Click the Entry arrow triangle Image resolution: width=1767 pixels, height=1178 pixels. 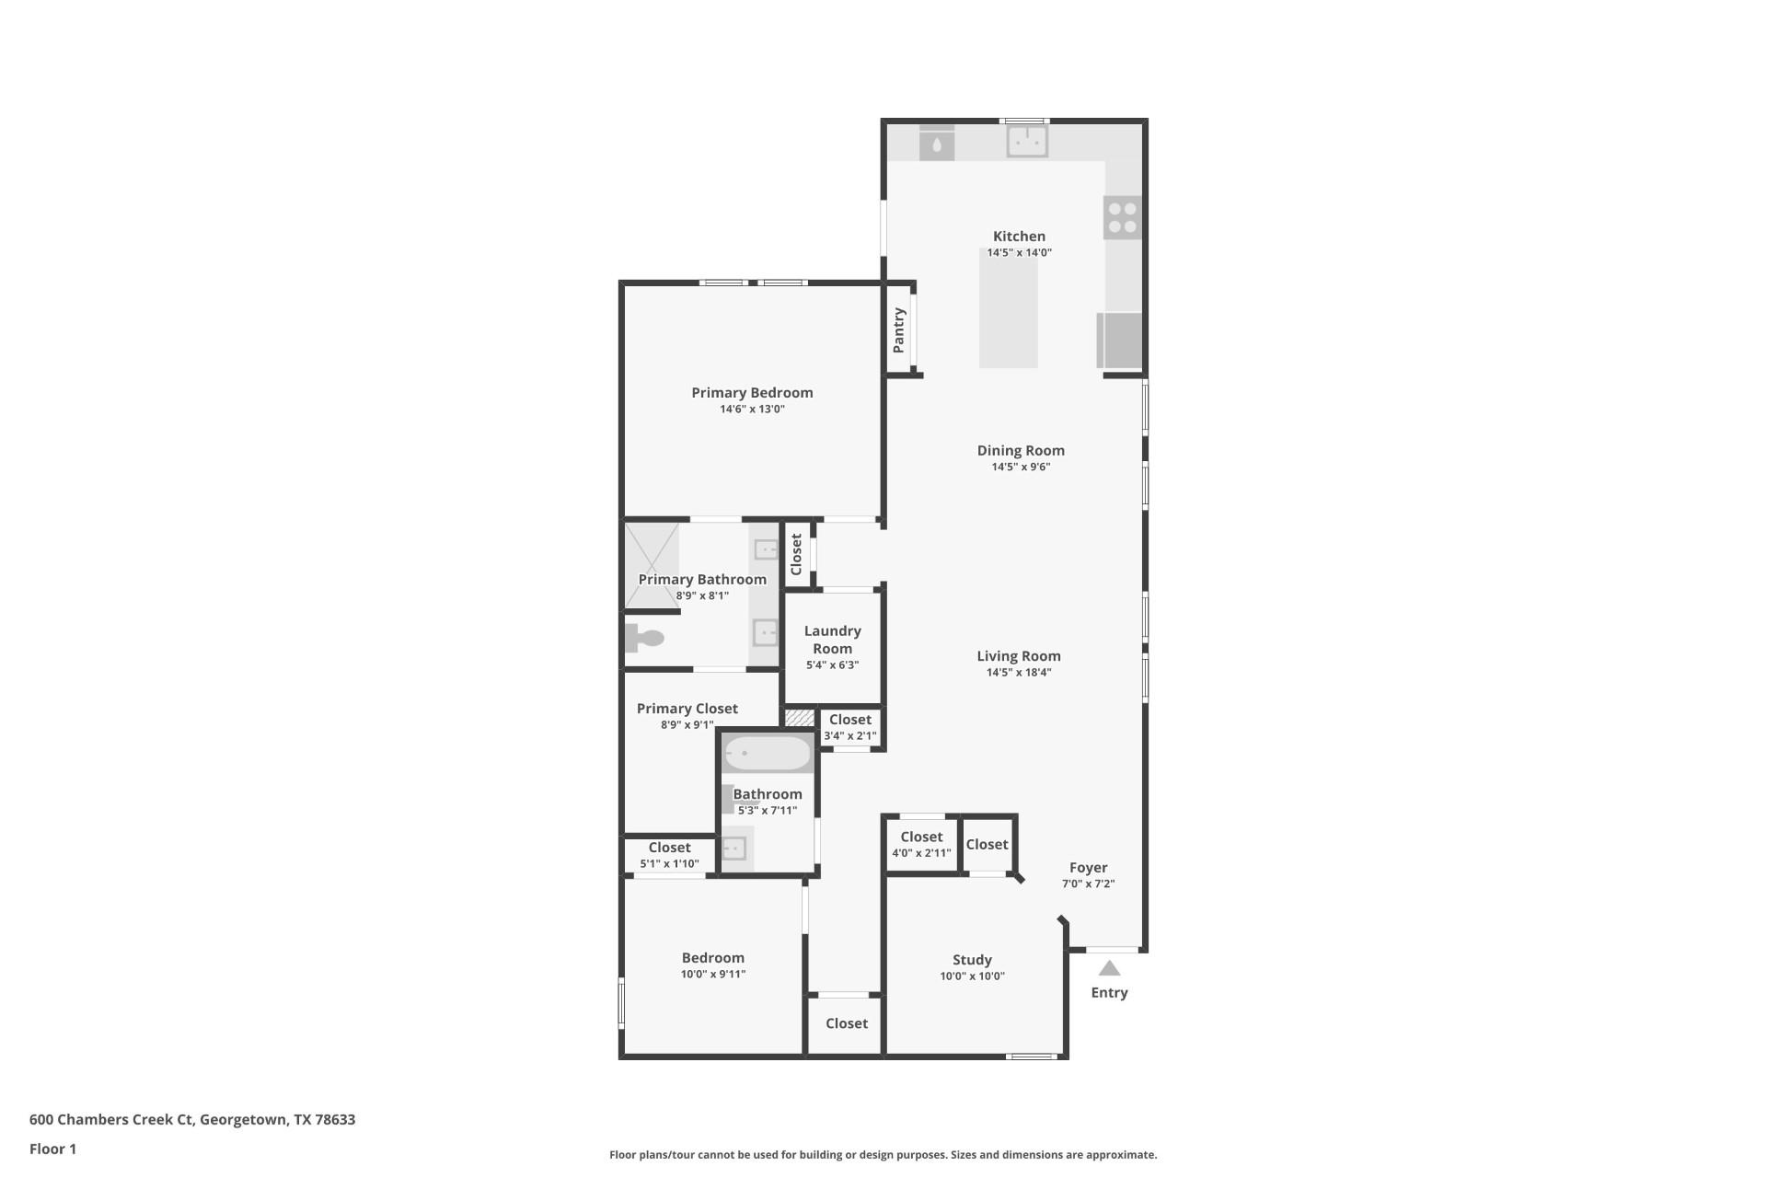click(1109, 968)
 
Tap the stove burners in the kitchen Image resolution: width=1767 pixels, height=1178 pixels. click(1122, 218)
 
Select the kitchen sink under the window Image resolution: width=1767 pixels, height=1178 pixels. click(1026, 142)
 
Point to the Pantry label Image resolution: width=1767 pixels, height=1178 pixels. click(899, 329)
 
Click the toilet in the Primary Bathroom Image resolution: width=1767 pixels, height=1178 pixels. click(645, 638)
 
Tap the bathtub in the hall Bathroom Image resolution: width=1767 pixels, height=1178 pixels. click(767, 754)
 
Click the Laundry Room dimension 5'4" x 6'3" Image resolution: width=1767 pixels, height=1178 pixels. click(832, 664)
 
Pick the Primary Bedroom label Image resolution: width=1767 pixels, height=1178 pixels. click(752, 393)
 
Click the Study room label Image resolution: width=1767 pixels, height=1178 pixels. click(972, 960)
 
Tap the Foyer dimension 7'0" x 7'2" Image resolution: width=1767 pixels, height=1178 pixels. click(1088, 883)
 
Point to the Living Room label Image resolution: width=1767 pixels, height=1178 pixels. click(1018, 656)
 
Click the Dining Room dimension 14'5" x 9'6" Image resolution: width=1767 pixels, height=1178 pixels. click(1021, 467)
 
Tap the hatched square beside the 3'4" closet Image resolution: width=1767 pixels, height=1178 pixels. click(800, 717)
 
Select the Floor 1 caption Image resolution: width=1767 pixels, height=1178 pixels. click(52, 1149)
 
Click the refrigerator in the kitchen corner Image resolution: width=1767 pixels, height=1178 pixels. click(1120, 341)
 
